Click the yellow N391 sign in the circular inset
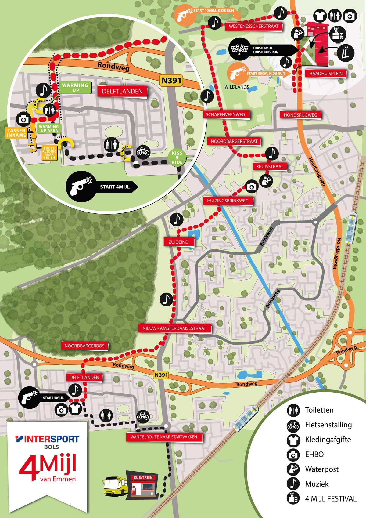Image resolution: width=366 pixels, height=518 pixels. pos(171,81)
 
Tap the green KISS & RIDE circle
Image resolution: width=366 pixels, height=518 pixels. pos(177,158)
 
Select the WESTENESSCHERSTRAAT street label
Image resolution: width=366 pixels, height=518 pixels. pos(254,27)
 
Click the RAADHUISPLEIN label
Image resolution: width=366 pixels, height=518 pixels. pos(326,74)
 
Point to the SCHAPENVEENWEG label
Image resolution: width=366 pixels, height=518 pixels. pos(225,115)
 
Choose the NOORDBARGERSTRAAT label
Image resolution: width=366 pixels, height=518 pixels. pos(234,141)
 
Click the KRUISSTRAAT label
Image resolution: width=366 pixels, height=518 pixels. pos(270,167)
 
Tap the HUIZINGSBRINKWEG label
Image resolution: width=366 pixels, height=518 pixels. pos(228,201)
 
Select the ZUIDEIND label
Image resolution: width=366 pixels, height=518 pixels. pos(178,242)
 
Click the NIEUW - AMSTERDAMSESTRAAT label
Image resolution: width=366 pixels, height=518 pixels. pos(174,328)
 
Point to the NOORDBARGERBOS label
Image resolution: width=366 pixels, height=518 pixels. pos(84,346)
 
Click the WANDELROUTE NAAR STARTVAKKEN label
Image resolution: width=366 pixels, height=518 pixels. pos(163,437)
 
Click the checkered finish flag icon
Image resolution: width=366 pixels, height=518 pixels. pos(240,49)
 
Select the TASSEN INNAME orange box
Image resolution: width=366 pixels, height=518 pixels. pos(16,133)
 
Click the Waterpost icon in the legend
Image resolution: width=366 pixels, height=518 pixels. pos(293,469)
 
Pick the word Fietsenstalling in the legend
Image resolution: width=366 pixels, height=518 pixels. pos(328,425)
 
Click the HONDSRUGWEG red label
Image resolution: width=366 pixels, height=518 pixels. pos(300,115)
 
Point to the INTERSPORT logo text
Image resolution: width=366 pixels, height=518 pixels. pos(48,439)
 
